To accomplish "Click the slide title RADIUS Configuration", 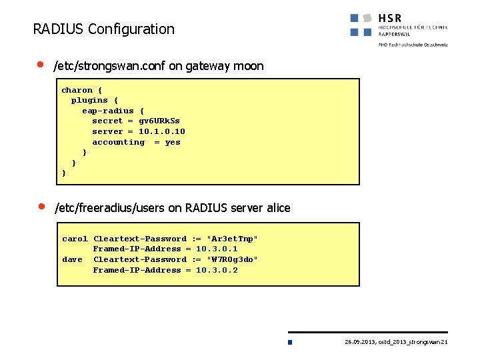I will point(103,29).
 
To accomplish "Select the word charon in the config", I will point(77,90).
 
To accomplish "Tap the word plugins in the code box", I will point(89,100).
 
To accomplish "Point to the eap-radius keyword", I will point(108,111).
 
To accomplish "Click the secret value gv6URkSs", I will point(159,121).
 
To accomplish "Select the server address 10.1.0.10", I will point(162,131).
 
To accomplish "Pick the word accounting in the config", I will point(118,142).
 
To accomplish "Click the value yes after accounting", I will point(173,142).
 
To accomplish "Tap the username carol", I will point(75,239).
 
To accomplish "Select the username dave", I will point(72,259).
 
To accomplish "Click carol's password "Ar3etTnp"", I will point(233,239).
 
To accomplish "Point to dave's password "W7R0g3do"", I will point(233,259).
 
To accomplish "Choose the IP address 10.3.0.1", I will point(217,249).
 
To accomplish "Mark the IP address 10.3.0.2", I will point(217,270).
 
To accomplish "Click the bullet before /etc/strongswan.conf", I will point(40,65).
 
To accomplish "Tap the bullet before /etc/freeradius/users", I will point(40,206).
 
